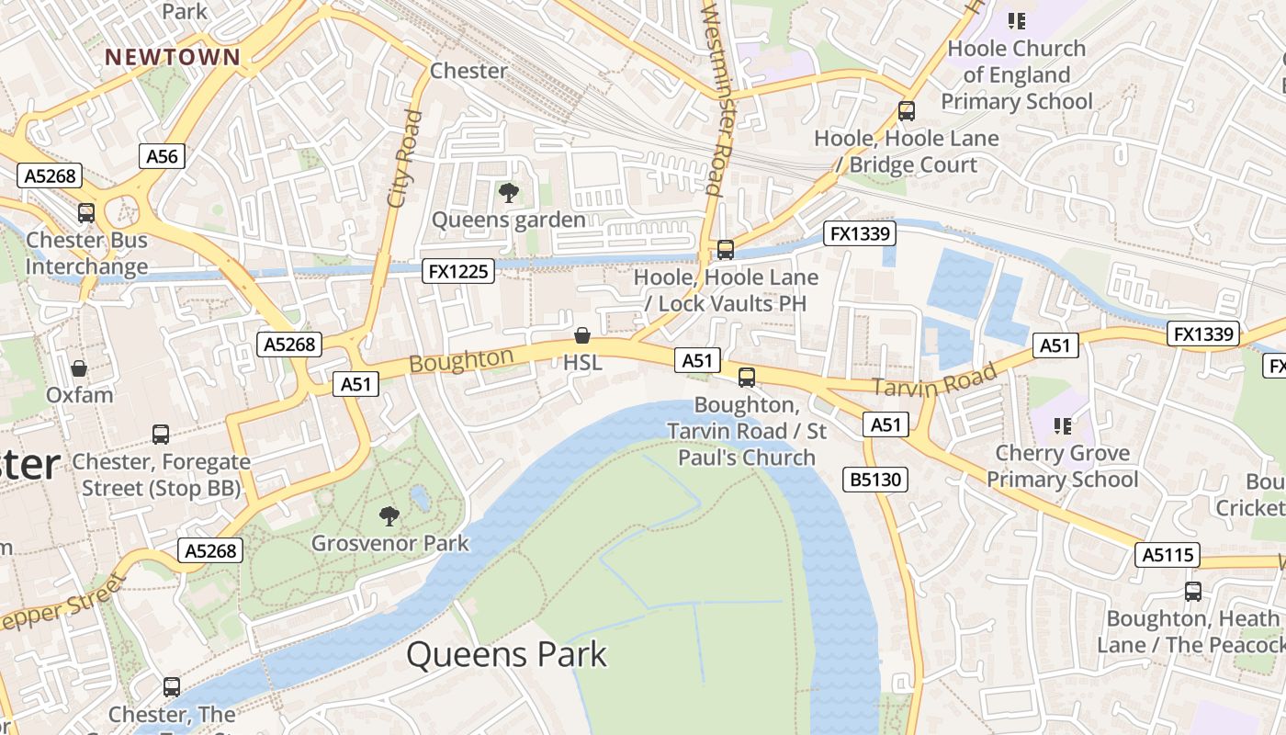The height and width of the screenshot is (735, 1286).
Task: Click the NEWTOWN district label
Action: pyautogui.click(x=173, y=57)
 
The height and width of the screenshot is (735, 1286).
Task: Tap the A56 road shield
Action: pyautogui.click(x=162, y=156)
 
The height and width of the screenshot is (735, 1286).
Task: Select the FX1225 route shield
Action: pyautogui.click(x=458, y=271)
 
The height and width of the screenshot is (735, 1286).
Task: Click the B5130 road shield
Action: pyautogui.click(x=875, y=479)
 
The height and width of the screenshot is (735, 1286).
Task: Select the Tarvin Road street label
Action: pyautogui.click(x=933, y=380)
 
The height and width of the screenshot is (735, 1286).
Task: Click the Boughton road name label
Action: pyautogui.click(x=461, y=360)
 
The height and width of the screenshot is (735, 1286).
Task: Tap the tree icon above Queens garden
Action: pyautogui.click(x=508, y=193)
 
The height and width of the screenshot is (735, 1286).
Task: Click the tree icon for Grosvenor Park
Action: pyautogui.click(x=389, y=516)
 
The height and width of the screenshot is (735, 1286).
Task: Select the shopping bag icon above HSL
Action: pyautogui.click(x=581, y=335)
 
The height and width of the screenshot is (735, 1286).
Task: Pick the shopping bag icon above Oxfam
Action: pyautogui.click(x=79, y=368)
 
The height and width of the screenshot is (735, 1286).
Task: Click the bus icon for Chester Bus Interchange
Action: pyautogui.click(x=86, y=213)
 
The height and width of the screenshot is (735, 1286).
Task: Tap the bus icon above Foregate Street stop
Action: pyautogui.click(x=161, y=435)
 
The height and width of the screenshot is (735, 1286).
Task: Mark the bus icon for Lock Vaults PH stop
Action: pyautogui.click(x=726, y=250)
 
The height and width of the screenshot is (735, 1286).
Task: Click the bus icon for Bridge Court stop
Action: pyautogui.click(x=907, y=112)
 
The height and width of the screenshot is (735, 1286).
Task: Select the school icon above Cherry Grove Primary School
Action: pyautogui.click(x=1063, y=425)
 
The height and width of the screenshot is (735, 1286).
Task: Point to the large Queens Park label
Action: pyautogui.click(x=506, y=655)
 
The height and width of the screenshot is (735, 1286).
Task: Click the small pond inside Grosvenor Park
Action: pyautogui.click(x=421, y=498)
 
